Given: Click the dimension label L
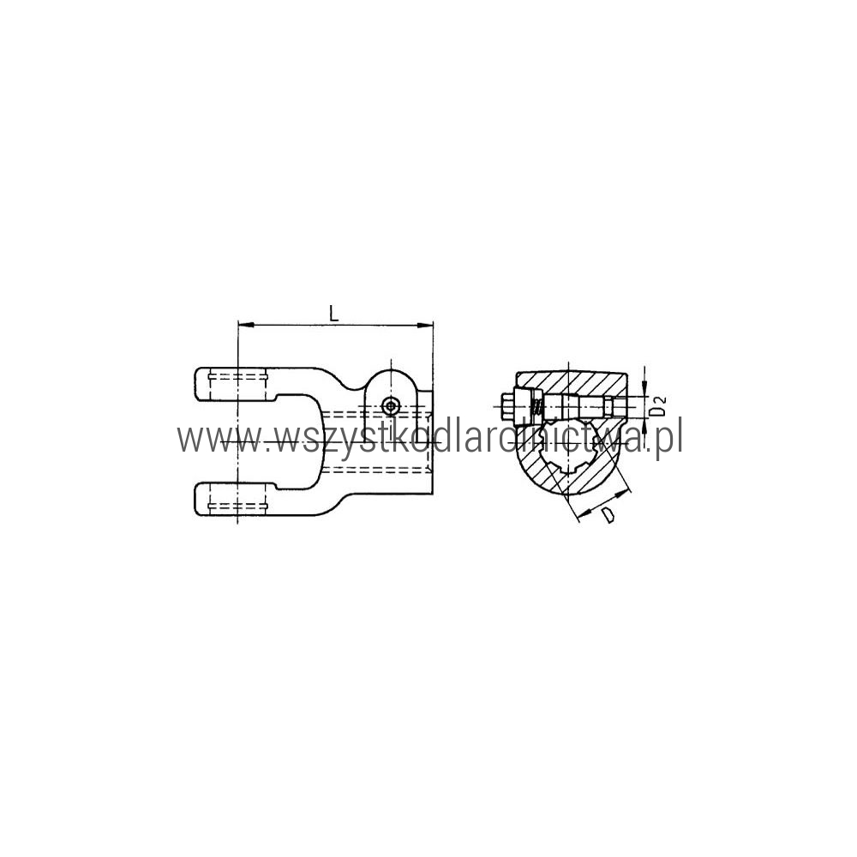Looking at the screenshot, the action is (333, 313).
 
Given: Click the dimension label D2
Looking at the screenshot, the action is (660, 405).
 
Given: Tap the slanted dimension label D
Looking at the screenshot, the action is (608, 515).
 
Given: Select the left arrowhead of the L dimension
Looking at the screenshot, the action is (247, 325).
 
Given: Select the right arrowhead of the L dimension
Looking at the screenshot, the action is (425, 325).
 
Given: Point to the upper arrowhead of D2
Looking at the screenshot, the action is (645, 387).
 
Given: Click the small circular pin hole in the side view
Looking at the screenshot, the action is (390, 406).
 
